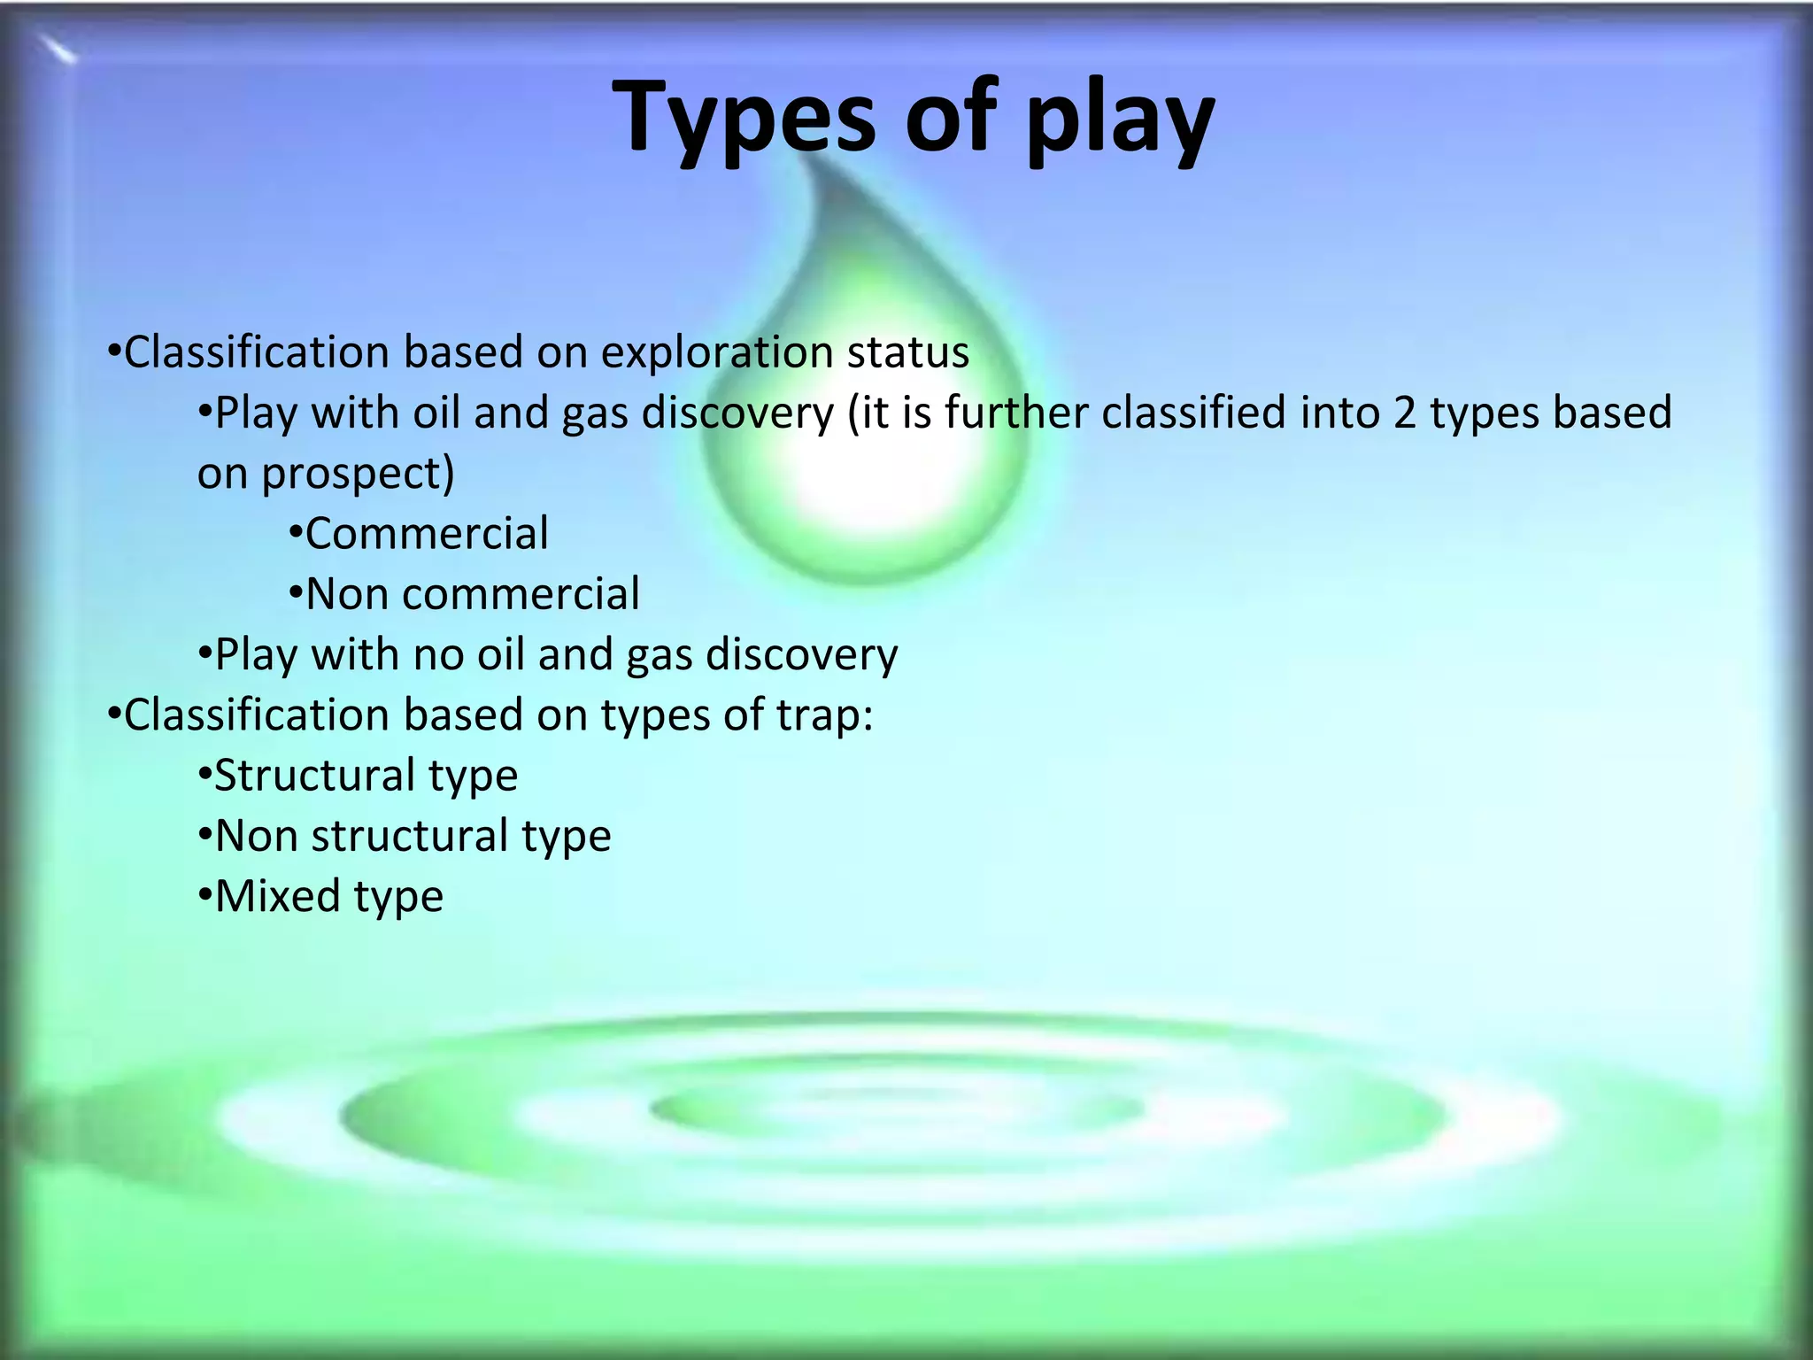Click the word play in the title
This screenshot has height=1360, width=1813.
pos(1120,124)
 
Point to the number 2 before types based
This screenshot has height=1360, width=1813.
pos(1404,413)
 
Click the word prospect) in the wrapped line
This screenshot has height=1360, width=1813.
pos(358,475)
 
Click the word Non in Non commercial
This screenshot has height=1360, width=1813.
pos(346,594)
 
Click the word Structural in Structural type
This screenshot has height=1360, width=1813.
pos(314,777)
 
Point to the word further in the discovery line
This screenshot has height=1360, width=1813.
pos(1016,413)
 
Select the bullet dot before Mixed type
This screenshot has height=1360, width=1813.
pos(204,897)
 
